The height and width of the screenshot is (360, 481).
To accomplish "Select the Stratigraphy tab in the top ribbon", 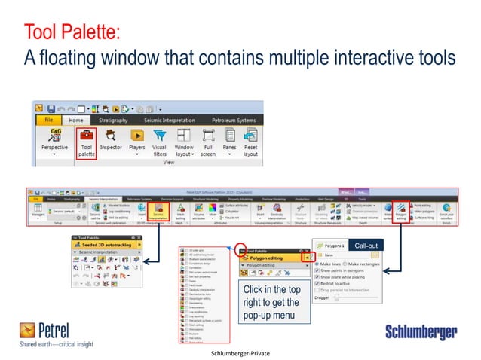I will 110,119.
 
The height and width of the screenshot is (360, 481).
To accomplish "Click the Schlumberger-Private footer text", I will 240,352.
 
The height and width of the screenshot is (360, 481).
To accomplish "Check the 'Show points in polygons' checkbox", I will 316,271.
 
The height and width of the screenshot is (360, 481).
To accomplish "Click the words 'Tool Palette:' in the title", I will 71,33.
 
